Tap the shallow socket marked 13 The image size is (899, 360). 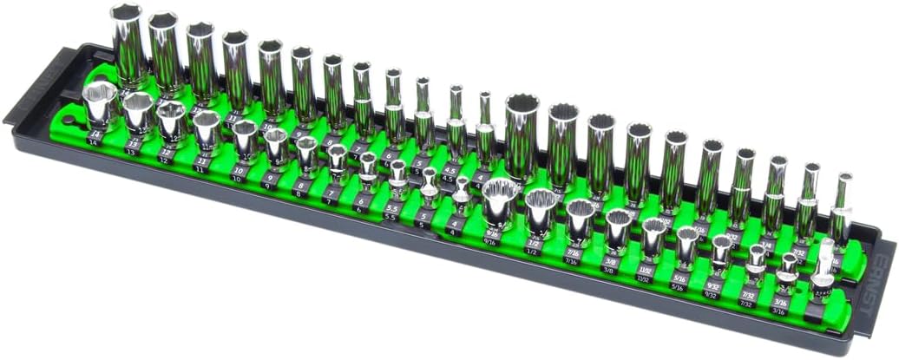tap(137, 110)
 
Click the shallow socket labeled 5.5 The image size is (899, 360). tap(397, 176)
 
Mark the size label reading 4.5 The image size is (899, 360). tap(449, 176)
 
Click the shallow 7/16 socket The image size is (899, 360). tap(578, 220)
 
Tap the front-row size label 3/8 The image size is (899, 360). tap(610, 270)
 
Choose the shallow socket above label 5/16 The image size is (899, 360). tap(687, 245)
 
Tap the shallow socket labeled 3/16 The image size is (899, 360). tap(788, 270)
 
